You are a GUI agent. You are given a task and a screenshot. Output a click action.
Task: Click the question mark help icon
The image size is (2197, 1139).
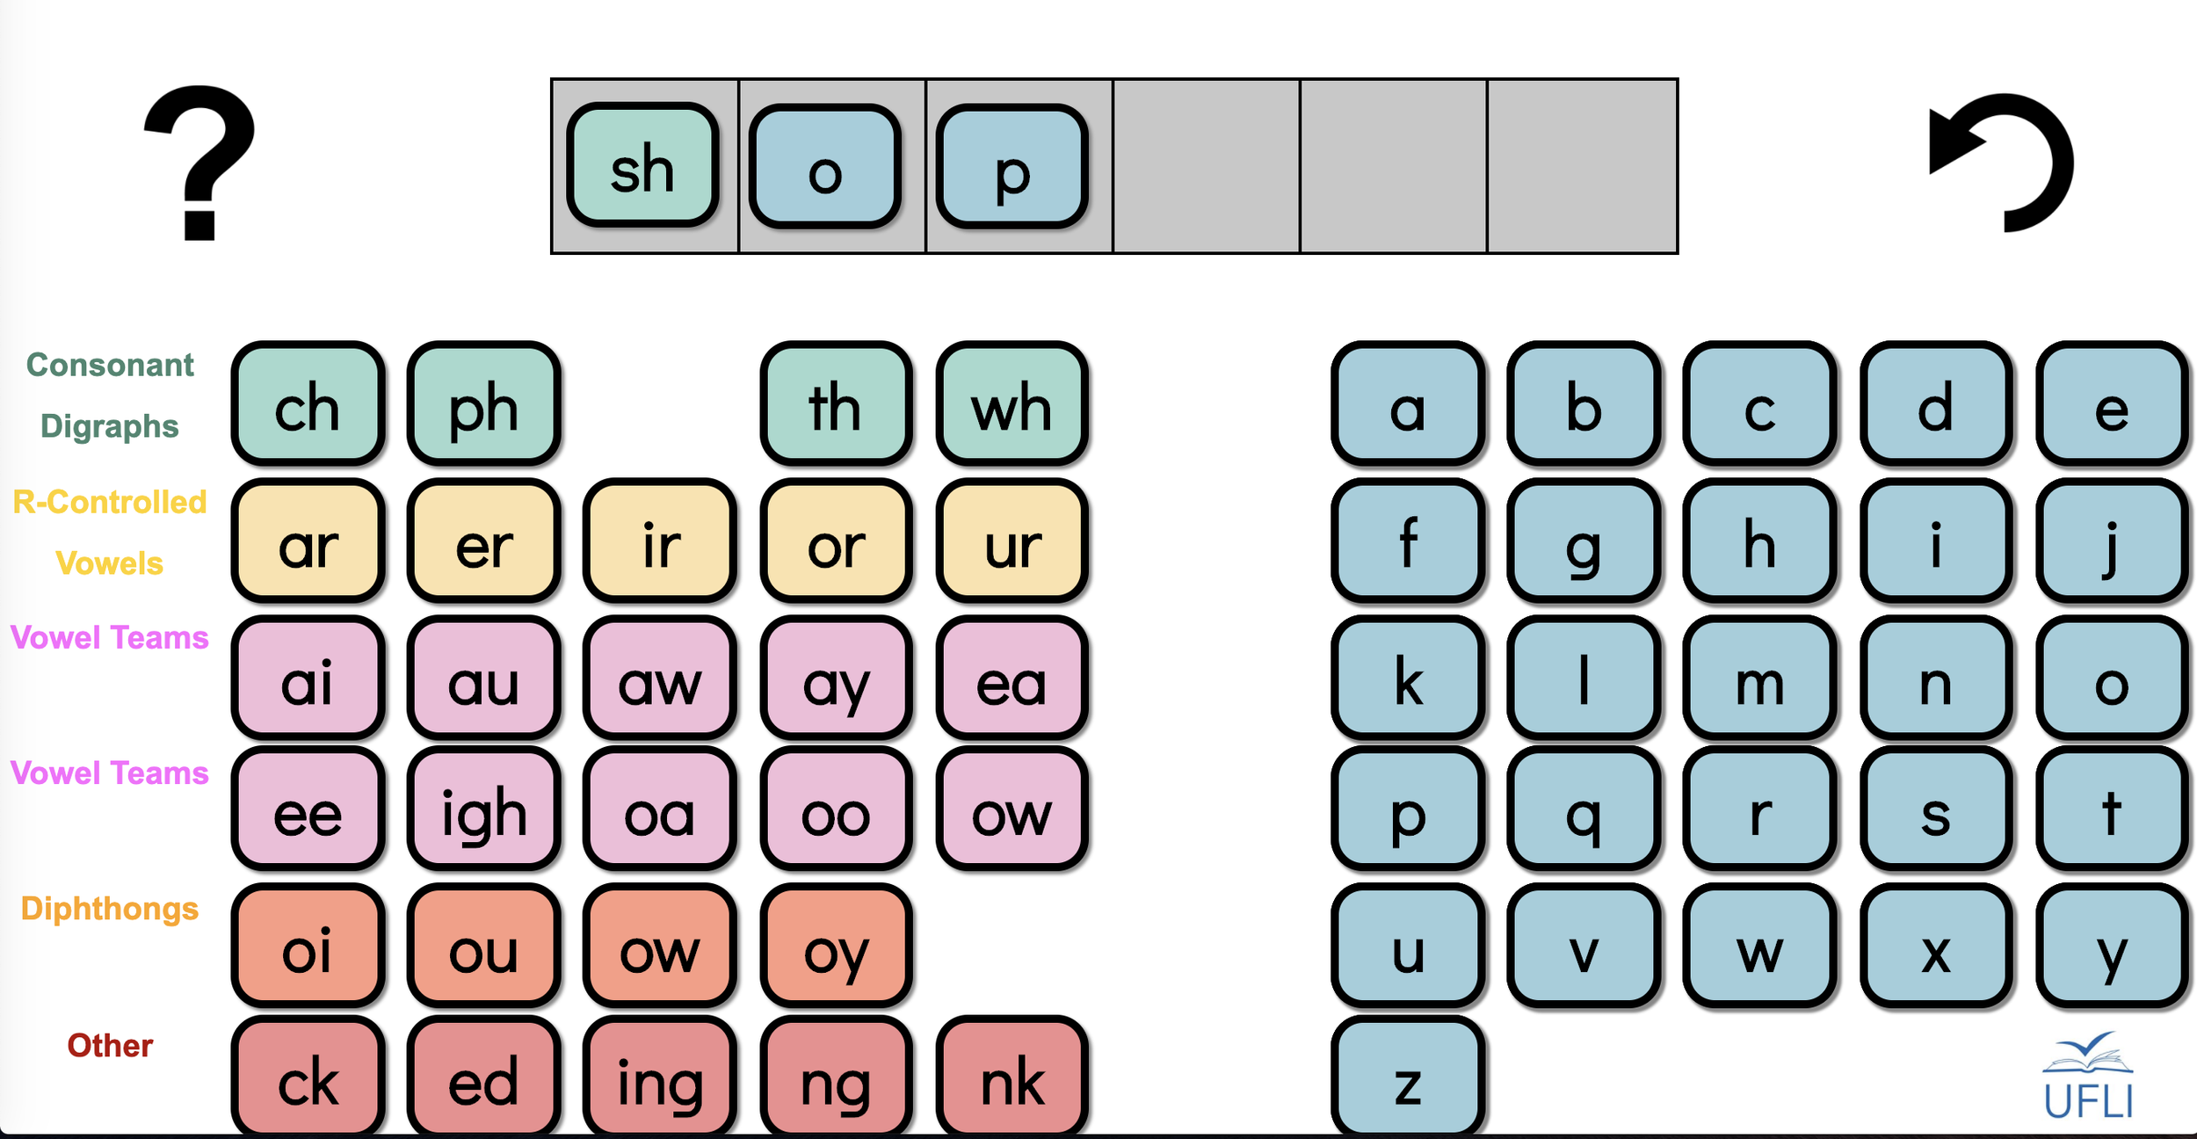[200, 163]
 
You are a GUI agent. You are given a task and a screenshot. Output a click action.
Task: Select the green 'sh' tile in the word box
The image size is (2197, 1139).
[642, 166]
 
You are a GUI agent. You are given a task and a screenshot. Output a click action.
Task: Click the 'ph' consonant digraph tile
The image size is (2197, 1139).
[483, 405]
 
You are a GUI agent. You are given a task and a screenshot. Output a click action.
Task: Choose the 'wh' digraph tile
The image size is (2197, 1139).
[1011, 405]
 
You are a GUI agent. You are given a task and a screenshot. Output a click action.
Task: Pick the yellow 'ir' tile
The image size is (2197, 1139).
[660, 541]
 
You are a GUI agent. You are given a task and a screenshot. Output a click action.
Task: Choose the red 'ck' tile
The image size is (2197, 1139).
[308, 1079]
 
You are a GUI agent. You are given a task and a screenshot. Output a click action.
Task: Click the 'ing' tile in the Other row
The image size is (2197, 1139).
[660, 1079]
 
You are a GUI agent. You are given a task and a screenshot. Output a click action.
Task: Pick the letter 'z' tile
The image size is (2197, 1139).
[1408, 1079]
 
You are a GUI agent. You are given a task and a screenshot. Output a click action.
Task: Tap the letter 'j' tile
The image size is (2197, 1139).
[2111, 541]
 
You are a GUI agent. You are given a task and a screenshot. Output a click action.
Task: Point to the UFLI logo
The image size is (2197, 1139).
[2088, 1077]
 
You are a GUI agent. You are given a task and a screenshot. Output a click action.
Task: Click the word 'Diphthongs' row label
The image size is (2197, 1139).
[110, 909]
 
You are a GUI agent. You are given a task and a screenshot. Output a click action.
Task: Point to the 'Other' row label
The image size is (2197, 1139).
[110, 1046]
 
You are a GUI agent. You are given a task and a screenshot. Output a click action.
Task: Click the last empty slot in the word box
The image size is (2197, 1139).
[1582, 166]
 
